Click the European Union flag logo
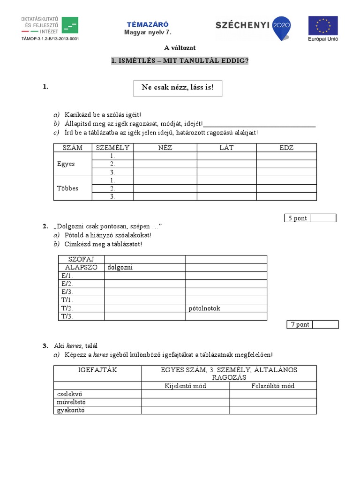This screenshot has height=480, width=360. [x=322, y=25]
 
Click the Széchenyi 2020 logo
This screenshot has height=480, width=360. [x=253, y=25]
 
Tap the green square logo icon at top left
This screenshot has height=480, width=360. [x=70, y=25]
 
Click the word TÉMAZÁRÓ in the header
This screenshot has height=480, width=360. [x=148, y=24]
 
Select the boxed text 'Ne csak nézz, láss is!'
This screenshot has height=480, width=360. [x=177, y=88]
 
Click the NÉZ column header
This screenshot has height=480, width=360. [x=165, y=148]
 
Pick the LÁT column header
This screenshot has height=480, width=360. [x=226, y=148]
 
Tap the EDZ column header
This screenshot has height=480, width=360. [x=286, y=148]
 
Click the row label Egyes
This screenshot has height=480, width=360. [x=66, y=164]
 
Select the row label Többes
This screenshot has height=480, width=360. [x=67, y=188]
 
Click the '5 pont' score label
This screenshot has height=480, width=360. [x=297, y=218]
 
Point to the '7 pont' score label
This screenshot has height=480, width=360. [x=300, y=324]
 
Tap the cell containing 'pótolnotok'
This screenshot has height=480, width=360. [x=204, y=308]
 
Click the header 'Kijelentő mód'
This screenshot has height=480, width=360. [x=185, y=386]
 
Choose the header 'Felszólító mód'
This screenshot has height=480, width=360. [x=272, y=386]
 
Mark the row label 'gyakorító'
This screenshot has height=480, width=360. [x=71, y=410]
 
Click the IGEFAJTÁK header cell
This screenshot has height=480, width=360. [x=97, y=370]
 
